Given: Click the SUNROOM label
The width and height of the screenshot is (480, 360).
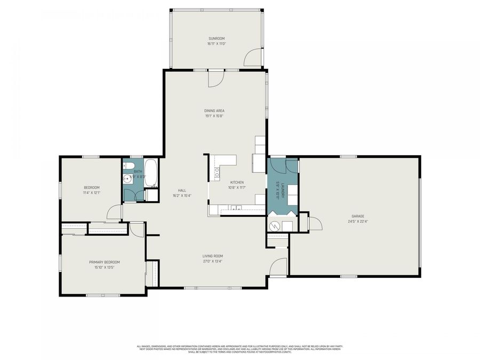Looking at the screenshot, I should coord(217,39).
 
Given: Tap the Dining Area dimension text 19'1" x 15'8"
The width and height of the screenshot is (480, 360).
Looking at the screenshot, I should coord(214,116).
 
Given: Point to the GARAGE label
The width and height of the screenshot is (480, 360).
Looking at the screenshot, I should coord(357,216).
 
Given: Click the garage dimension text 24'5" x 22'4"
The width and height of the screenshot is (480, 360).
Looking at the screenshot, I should coord(357,221).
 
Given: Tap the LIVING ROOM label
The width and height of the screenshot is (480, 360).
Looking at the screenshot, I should coord(212,256).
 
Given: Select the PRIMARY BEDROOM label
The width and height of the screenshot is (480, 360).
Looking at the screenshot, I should coord(104,262).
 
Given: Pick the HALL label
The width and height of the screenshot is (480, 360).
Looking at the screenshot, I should coord(182,190).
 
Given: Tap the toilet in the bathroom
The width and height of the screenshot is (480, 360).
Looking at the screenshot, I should coord(127,165).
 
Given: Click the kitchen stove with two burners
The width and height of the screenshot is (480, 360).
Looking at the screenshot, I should coord(217,172).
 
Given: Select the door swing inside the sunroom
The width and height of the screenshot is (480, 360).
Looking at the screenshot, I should coord(253,58).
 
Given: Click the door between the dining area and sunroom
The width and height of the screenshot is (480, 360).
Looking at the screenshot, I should coord(216,79).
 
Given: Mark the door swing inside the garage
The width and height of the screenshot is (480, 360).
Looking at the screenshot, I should coord(315,223).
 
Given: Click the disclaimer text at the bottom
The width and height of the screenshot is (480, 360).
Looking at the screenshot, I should coord(239,348).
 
